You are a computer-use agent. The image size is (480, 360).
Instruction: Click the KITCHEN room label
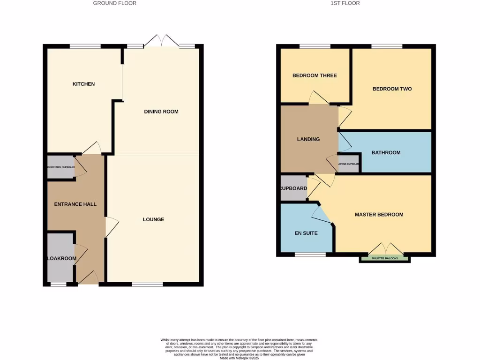(83, 84)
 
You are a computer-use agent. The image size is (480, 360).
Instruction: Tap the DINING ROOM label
(161, 112)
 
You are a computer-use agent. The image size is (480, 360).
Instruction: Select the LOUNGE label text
(154, 219)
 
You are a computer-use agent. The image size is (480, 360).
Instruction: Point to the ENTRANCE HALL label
(75, 204)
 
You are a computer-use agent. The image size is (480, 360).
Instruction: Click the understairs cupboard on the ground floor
(61, 167)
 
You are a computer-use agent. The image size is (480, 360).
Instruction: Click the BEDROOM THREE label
(315, 75)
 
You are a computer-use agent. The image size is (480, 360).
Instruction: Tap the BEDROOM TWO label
(392, 89)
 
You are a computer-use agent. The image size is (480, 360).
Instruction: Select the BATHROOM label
(386, 152)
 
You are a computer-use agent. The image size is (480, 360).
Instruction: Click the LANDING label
(308, 139)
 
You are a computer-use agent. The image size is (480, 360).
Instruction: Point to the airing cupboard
(349, 164)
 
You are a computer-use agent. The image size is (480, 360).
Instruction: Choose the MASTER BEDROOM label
(379, 215)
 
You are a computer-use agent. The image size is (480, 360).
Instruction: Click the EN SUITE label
(306, 233)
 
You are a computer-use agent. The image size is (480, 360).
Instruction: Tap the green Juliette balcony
(385, 259)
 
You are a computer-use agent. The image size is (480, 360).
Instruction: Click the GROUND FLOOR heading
(115, 3)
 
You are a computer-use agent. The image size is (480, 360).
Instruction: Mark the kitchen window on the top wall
(85, 46)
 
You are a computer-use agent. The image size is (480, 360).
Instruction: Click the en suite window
(310, 255)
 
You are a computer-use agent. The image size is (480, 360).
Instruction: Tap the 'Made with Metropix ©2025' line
(240, 358)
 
